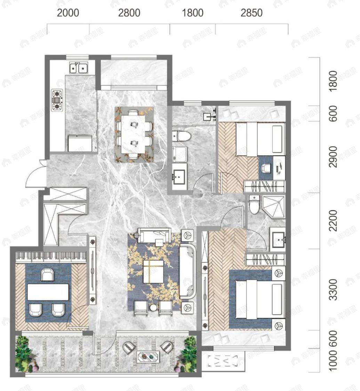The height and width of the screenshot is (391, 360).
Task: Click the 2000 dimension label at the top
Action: pos(68,13)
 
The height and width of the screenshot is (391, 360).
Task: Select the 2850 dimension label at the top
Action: pos(251,13)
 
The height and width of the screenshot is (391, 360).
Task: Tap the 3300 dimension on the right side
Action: pos(333,290)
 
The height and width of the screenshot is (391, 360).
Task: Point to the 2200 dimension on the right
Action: pos(333,221)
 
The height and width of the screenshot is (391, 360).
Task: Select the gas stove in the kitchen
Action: pos(57,100)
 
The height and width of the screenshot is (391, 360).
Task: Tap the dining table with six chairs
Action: pos(134,134)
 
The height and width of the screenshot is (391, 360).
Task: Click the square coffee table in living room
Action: pos(153,271)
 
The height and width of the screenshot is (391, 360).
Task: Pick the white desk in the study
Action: pos(48,292)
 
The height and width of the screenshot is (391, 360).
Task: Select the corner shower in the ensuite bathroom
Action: pos(273,207)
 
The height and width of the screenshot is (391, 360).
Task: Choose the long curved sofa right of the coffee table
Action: pos(188,272)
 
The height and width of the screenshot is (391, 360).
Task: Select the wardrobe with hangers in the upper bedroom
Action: pos(264,187)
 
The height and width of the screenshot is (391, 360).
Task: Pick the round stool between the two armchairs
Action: pos(153,308)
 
